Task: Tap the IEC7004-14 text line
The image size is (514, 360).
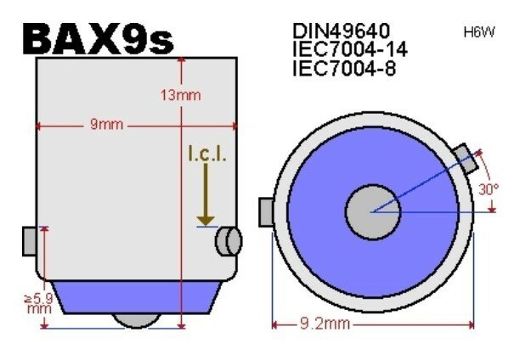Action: [346, 49]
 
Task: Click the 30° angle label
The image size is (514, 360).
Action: [488, 189]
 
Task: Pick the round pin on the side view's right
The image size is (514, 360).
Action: [228, 241]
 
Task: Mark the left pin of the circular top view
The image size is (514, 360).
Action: [264, 209]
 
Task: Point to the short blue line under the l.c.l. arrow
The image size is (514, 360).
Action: [206, 227]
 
